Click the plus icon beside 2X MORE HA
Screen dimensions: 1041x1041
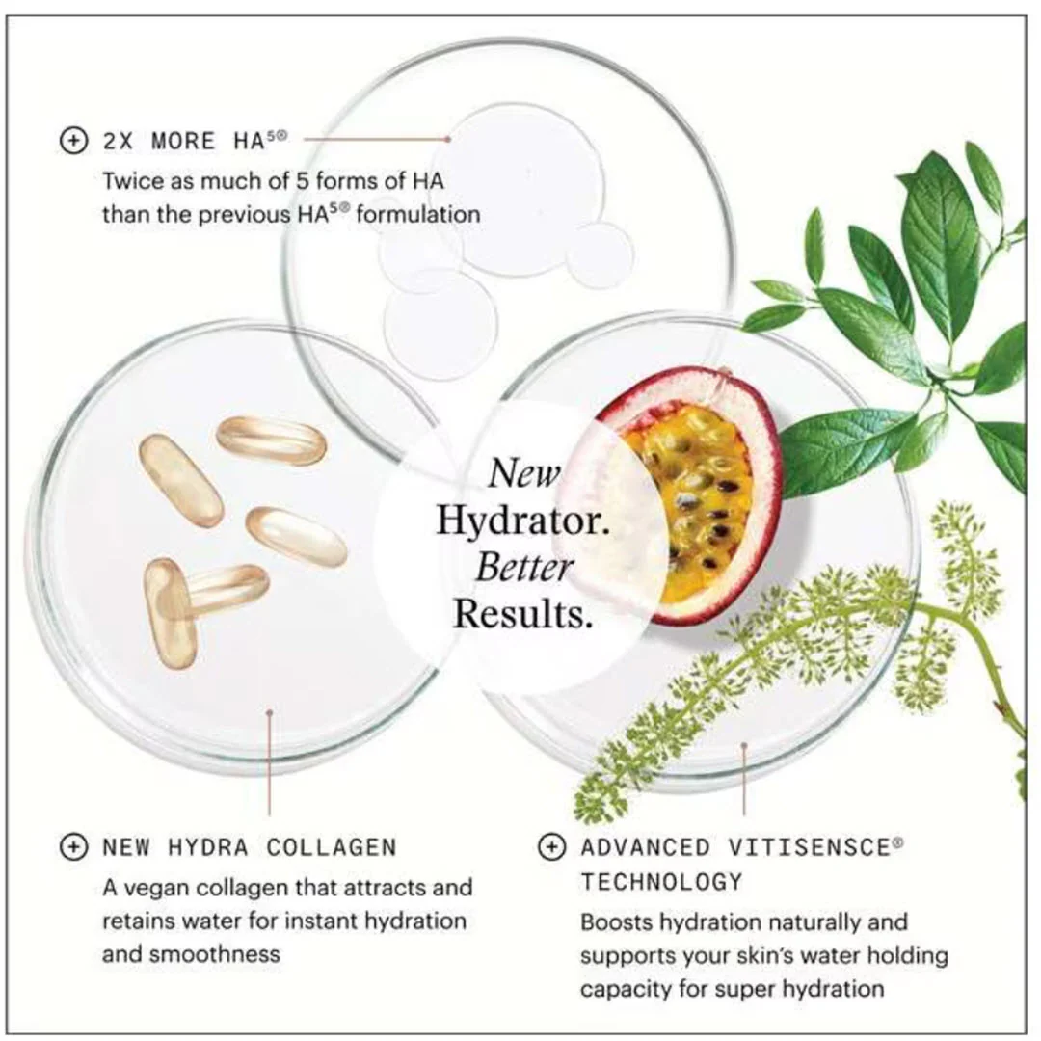73,141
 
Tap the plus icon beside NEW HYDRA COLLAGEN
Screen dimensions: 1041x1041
73,846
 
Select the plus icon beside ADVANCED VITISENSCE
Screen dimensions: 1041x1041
551,846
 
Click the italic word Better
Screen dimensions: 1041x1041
524,567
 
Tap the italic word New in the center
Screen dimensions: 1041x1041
524,473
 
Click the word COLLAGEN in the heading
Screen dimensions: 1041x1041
332,847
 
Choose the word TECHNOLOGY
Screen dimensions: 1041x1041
661,881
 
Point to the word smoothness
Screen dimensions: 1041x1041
214,954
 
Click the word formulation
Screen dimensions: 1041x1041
417,214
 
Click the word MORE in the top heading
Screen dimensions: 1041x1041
184,142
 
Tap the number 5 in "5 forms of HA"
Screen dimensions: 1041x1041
303,180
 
